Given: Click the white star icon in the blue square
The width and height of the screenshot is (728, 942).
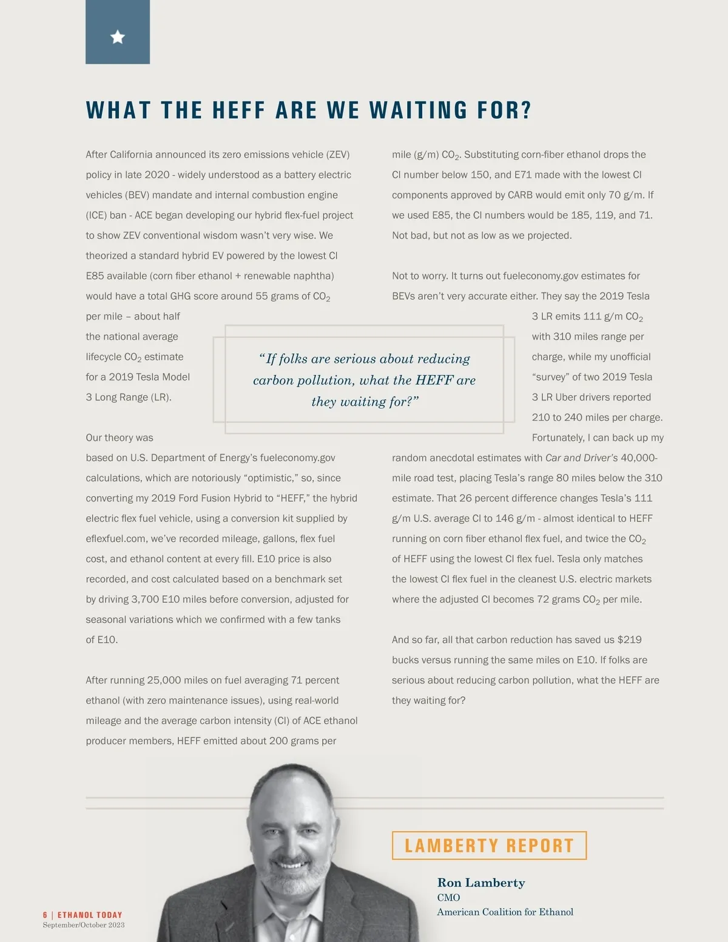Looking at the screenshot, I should click(118, 37).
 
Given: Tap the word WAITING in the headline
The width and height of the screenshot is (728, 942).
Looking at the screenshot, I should click(418, 110).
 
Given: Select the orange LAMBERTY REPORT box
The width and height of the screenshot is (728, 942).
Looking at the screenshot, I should click(489, 846).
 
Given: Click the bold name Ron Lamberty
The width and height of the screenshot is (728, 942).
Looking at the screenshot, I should click(481, 883).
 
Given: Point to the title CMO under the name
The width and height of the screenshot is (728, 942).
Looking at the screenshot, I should click(448, 897).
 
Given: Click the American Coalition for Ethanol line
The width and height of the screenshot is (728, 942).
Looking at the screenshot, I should click(505, 912).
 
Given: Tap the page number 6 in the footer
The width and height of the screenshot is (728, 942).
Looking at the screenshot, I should click(45, 915).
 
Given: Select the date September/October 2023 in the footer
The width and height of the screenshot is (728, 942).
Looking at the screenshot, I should click(84, 925).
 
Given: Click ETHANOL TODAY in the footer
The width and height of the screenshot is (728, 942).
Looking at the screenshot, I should click(90, 915).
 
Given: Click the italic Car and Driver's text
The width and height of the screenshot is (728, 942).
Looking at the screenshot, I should click(581, 458).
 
